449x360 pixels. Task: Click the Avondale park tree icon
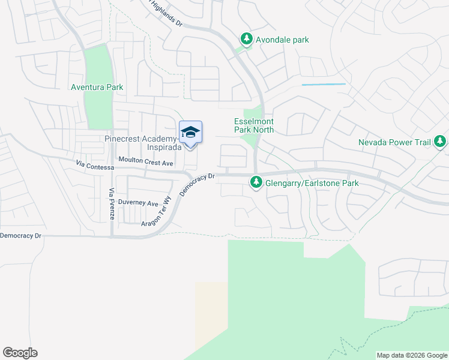[x=246, y=39]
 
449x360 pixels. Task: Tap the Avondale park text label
[x=282, y=40]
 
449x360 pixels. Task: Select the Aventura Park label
[x=97, y=87]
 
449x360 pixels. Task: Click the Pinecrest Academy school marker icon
[x=190, y=133]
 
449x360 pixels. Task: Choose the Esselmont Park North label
[x=254, y=125]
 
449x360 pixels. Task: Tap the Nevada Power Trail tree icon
[x=441, y=142]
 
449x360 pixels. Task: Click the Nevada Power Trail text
[x=395, y=142]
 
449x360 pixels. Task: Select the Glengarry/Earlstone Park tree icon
[x=256, y=181]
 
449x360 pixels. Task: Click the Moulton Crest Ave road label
[x=146, y=161]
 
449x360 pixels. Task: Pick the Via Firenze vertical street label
[x=112, y=203]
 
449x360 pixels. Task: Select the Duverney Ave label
[x=138, y=203]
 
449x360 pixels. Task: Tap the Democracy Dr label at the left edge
[x=20, y=236]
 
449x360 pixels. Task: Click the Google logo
[x=20, y=353]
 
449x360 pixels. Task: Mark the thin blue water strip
[x=324, y=85]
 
